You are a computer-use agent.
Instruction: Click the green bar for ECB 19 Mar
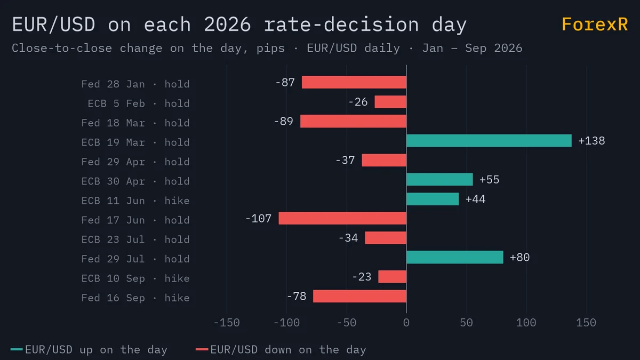489,141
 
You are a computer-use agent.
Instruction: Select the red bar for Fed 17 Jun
342,218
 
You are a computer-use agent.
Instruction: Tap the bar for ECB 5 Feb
390,102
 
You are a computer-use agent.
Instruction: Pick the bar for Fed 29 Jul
454,257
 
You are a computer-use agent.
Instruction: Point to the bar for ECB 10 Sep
393,277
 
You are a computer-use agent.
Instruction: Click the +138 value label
591,141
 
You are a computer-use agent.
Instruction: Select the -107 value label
258,219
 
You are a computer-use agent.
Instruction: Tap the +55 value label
489,180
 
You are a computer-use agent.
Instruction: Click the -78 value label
297,297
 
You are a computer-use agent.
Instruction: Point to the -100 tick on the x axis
286,323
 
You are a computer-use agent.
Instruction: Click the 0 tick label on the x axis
406,323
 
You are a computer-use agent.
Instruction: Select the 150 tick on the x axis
586,323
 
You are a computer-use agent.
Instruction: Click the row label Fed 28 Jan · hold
135,84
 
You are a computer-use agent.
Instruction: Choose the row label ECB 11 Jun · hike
135,201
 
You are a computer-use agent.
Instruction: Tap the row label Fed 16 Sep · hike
135,298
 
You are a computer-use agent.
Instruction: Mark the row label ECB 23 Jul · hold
135,239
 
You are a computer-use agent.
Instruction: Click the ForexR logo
595,25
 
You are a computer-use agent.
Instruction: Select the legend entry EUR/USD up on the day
89,350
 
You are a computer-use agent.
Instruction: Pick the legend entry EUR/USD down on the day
281,350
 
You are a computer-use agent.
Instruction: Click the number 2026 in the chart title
227,25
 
